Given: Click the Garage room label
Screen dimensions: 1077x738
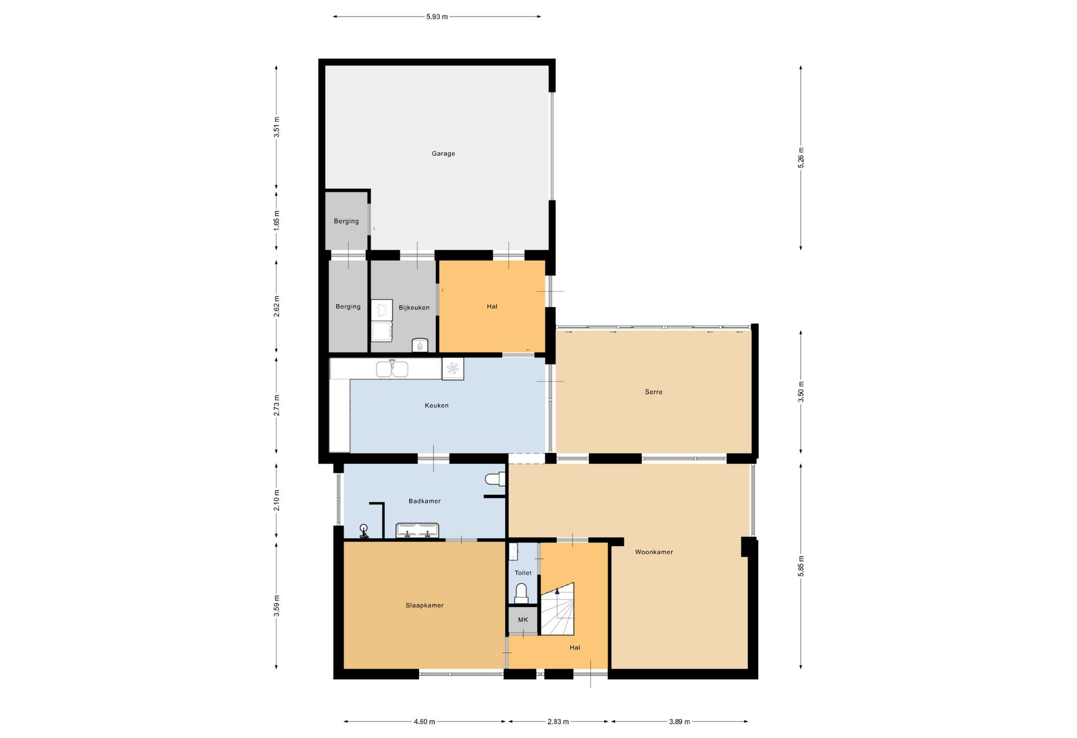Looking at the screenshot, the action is [443, 153].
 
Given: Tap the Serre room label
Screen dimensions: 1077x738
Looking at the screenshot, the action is [654, 392].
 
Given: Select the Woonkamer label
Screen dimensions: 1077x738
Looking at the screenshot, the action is [654, 552].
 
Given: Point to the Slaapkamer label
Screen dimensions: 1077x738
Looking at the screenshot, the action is [424, 605].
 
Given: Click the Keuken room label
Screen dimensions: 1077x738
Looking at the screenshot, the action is [436, 405].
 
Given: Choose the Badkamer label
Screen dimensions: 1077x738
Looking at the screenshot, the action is [424, 501].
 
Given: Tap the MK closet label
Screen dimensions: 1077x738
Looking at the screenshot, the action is [523, 620].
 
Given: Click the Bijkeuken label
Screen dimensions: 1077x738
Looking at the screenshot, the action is [414, 307].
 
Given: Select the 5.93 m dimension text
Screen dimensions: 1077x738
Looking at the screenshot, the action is [437, 16].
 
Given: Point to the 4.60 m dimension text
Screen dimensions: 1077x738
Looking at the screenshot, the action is [424, 722].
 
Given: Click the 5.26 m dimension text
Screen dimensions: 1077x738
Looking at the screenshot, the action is [801, 158].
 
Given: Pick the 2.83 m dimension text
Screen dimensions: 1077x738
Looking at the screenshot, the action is [558, 722].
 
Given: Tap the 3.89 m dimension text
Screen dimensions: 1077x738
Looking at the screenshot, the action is [679, 722].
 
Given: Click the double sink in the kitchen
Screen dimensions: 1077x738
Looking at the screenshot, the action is [392, 369].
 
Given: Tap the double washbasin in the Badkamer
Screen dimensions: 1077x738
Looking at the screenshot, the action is [417, 531].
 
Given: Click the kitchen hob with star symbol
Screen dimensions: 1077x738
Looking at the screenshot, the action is [453, 368].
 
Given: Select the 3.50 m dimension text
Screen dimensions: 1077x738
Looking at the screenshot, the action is [801, 392].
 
